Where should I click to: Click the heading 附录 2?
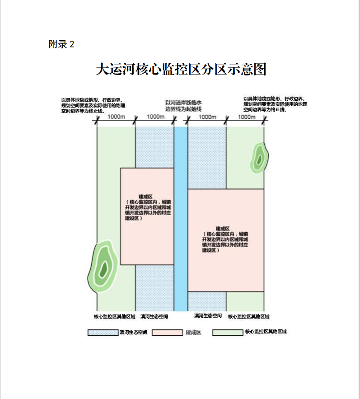(x=61, y=44)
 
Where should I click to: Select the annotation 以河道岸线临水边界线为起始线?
(x=183, y=106)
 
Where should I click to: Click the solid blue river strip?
(x=181, y=217)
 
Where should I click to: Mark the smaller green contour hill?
(x=259, y=158)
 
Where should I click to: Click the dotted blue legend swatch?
(x=103, y=333)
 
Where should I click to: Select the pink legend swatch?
(x=167, y=333)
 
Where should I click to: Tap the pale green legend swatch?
(x=228, y=333)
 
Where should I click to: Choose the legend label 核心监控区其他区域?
(x=266, y=332)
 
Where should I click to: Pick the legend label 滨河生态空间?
(x=133, y=333)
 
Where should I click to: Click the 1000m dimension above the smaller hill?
(x=246, y=117)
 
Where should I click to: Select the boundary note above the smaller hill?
(x=275, y=104)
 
